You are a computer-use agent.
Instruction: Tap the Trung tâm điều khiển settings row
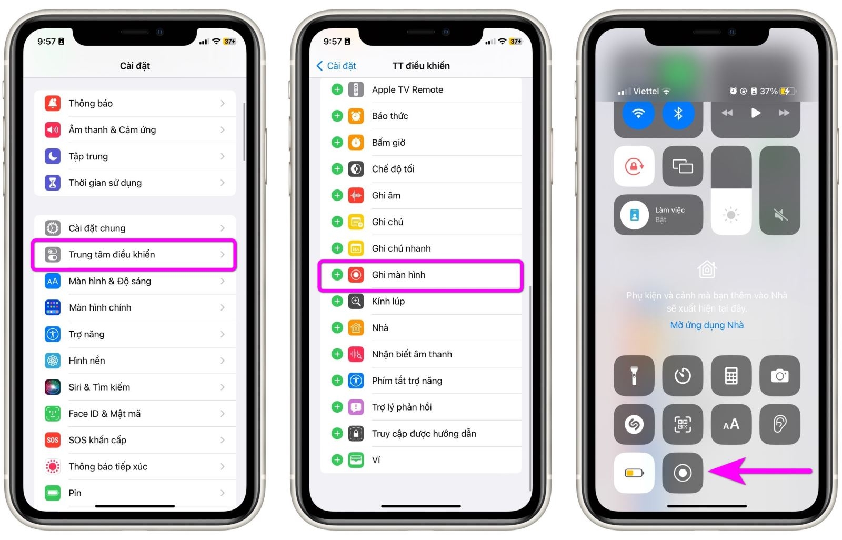point(134,255)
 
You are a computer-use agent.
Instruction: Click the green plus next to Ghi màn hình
point(337,275)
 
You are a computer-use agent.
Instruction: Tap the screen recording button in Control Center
point(683,473)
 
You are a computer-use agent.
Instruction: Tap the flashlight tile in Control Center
point(634,376)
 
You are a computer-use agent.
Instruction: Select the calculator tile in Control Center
point(731,376)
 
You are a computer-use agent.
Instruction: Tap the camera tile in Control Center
point(779,376)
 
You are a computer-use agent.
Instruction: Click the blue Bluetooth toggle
point(678,114)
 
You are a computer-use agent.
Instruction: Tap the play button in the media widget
point(756,113)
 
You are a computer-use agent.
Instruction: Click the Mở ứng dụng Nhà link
point(707,325)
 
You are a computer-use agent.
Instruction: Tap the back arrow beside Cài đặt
point(319,66)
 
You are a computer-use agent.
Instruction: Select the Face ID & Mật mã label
point(105,414)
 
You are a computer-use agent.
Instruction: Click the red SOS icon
point(53,440)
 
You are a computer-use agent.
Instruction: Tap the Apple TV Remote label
point(407,90)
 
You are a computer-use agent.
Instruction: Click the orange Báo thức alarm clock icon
point(356,116)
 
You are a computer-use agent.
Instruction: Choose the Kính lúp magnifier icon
point(356,301)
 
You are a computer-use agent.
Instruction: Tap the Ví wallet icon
point(356,460)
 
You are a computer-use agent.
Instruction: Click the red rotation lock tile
point(634,166)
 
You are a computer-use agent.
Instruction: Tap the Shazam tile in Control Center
point(634,424)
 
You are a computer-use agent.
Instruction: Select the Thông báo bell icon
point(53,103)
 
